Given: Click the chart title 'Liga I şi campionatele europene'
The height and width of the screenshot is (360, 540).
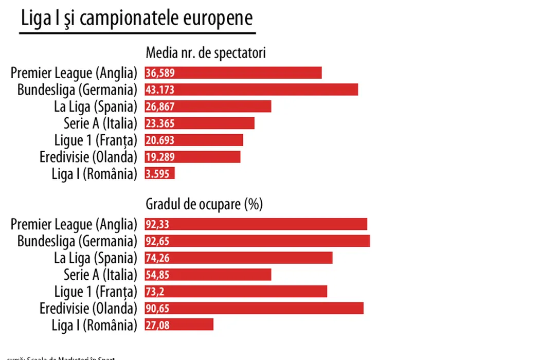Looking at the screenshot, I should [137, 18].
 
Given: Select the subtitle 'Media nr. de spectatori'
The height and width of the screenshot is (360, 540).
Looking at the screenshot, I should [206, 53].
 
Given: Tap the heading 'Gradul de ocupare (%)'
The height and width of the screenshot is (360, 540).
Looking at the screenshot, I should [204, 205].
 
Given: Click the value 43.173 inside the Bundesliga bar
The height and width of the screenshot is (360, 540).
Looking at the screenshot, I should [160, 90].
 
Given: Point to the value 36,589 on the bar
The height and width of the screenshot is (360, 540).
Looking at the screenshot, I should [160, 73].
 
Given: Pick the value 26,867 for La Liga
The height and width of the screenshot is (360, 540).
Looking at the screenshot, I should [160, 107].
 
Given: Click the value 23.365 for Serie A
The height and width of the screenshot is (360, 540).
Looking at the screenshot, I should [160, 123].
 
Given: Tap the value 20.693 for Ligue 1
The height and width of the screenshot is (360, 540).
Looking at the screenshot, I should [160, 140].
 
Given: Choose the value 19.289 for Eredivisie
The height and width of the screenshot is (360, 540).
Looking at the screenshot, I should [160, 157].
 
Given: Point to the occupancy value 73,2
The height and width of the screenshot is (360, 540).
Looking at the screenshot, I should [155, 292].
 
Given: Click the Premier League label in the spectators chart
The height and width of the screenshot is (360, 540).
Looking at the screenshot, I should [74, 73].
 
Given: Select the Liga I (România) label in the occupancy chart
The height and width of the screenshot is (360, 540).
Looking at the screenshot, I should [95, 325].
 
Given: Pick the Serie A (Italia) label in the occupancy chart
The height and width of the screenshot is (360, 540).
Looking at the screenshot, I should [100, 275].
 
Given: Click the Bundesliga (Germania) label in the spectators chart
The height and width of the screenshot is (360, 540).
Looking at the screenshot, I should [77, 90].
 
